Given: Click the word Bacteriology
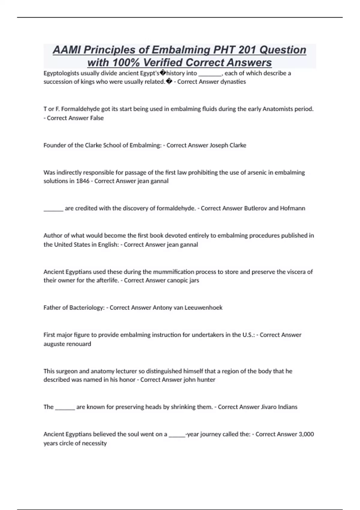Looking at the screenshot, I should [86, 307].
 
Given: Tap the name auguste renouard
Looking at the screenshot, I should [67, 344].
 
